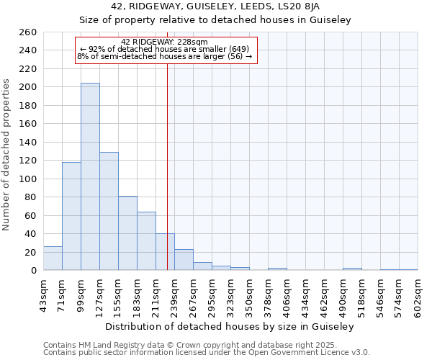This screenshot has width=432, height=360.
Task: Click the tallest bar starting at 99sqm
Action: [x=90, y=176]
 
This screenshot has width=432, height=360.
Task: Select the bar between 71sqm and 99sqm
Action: [x=71, y=216]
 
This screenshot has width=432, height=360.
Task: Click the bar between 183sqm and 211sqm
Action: [x=146, y=241]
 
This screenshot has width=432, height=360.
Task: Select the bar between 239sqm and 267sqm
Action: [x=184, y=260]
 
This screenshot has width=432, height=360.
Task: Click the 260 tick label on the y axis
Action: [x=28, y=32]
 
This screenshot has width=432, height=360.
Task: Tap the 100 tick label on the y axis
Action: [x=28, y=179]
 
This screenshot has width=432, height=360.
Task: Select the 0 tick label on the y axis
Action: [x=33, y=271]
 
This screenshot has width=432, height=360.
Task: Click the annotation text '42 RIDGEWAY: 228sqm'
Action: [x=164, y=42]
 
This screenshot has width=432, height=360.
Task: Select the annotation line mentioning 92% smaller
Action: [x=164, y=49]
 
